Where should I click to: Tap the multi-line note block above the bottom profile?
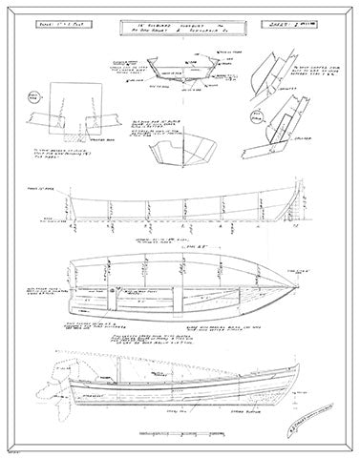192,341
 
